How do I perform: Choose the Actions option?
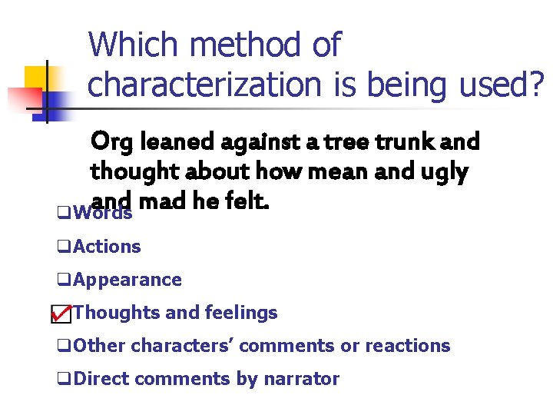point(107,247)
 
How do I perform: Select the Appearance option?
point(127,280)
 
